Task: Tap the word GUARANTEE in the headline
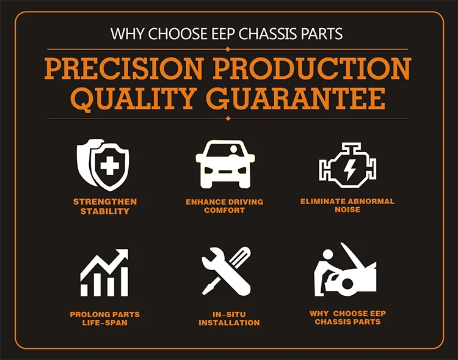point(296,98)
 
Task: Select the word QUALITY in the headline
point(133,100)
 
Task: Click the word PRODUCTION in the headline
point(312,68)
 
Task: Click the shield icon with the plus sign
point(103,164)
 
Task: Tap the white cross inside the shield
point(109,166)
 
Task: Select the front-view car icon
point(225,164)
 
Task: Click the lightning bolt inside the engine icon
point(349,170)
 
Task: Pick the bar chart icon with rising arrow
point(104,273)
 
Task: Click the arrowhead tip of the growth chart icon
point(128,250)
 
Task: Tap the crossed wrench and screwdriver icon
point(227,271)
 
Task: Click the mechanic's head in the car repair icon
point(328,254)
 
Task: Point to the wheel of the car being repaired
point(347,284)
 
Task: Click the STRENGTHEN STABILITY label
point(105,207)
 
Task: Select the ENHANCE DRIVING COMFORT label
point(224,206)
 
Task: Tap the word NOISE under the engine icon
point(347,210)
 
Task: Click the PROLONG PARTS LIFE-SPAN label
point(105,319)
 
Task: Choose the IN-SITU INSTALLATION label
point(229,319)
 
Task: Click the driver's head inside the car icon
point(234,149)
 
